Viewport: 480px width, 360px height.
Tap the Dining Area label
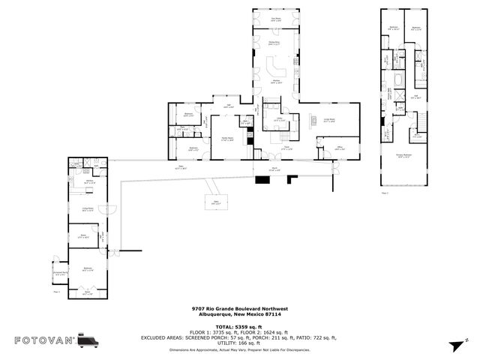275,43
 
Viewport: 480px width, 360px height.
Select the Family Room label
227,139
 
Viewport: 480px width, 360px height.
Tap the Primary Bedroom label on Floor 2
406,156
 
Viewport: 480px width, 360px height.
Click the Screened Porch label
60,274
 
